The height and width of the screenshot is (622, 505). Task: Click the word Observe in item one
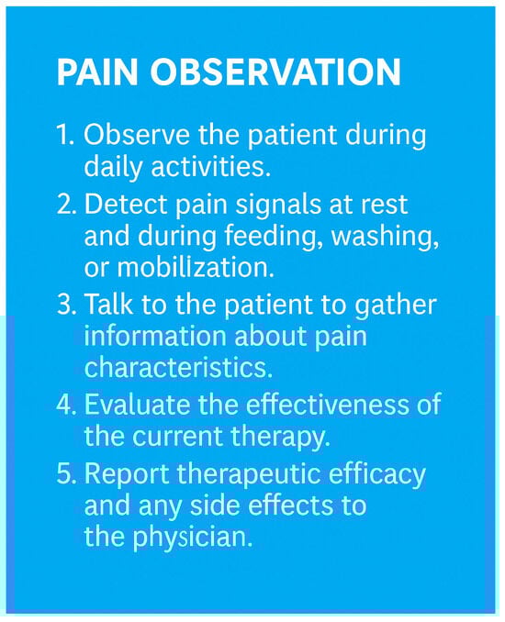[x=137, y=135]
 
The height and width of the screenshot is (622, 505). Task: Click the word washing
[x=385, y=238]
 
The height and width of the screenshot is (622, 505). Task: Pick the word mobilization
[x=195, y=267]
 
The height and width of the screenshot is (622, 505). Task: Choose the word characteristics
[x=179, y=367]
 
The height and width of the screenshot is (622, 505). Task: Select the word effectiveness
[x=327, y=405]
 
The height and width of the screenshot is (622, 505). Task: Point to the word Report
[x=127, y=473]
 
